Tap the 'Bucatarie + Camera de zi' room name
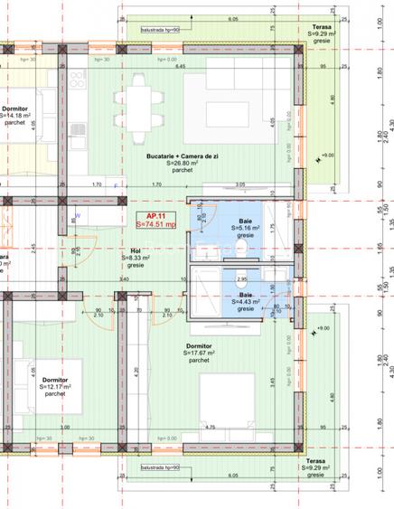185,157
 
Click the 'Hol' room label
135,251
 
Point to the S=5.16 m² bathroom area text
245,228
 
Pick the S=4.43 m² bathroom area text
245,302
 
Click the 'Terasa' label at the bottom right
315,461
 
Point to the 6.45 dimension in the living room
180,67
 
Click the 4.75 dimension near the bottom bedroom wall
210,428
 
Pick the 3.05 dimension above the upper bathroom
239,184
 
